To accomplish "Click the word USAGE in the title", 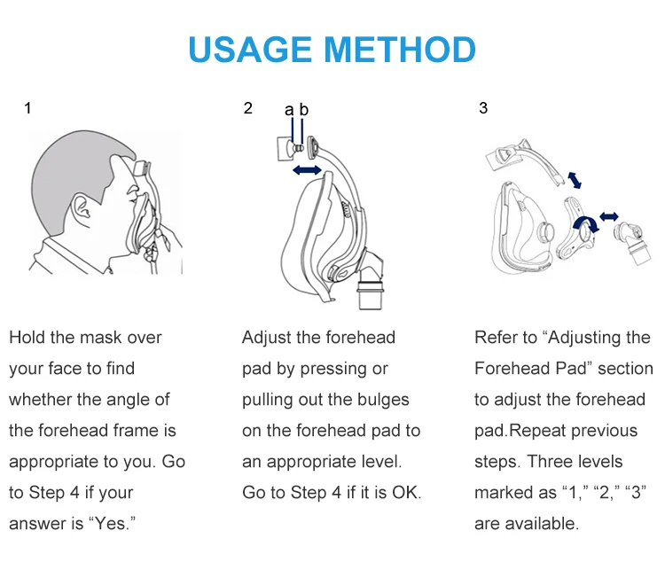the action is coord(250,50).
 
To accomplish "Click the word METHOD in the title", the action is coord(400,50).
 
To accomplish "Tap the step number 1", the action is coord(28,108).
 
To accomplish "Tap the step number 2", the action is coord(248,108).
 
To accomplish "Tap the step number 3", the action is coord(483,108).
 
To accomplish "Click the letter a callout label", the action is coord(289,110).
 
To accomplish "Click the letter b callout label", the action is coord(303,109).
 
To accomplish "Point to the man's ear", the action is coord(81,207).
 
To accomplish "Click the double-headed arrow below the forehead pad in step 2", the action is coord(307,170).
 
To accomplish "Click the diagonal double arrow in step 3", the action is coord(575,180).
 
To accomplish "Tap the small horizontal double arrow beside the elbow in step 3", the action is coord(609,217).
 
